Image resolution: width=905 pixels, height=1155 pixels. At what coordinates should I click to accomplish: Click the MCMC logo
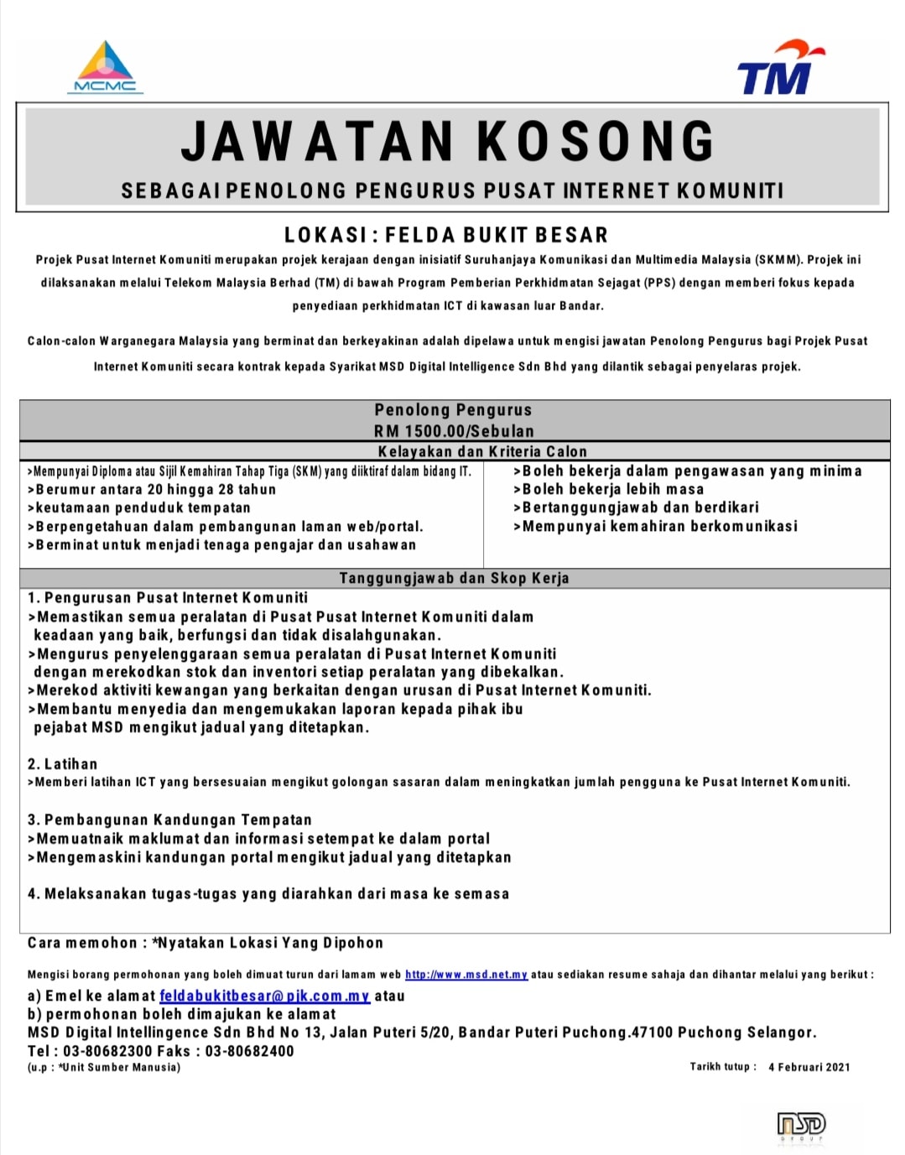pos(105,67)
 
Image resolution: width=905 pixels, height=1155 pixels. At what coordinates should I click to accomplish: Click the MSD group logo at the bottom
pos(801,1125)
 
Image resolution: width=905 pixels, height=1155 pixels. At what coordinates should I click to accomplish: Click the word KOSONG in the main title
pos(596,141)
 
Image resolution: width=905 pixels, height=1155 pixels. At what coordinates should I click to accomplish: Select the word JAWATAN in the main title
pos(318,141)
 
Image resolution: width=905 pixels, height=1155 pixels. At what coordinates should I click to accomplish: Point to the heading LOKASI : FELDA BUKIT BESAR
pos(446,235)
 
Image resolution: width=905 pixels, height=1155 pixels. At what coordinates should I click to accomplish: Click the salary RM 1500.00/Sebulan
pos(454,431)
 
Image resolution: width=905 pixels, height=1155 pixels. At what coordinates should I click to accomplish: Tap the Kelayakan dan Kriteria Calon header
pos(482,451)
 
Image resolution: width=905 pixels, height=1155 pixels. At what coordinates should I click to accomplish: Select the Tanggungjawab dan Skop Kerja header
pos(454,578)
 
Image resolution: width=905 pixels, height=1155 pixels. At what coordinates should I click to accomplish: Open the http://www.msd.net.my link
pos(466,975)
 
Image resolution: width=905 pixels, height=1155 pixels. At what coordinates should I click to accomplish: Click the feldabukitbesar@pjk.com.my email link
pos(264,996)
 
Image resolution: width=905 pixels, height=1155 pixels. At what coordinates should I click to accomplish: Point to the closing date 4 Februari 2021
pos(809,1067)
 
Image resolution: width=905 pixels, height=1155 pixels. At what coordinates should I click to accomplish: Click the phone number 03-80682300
pos(107,1051)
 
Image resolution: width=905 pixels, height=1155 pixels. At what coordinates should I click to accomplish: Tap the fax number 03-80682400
pos(249,1051)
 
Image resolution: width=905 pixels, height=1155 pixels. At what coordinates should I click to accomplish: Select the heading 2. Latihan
pos(62,764)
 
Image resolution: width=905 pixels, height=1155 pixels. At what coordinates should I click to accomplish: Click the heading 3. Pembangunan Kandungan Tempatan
pos(169,819)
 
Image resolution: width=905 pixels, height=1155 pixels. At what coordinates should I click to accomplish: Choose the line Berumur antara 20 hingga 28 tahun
pos(153,489)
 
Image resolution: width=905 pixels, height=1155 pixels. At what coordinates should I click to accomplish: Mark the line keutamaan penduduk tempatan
pos(141,507)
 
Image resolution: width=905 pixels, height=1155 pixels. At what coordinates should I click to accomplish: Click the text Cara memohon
pos(81,943)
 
